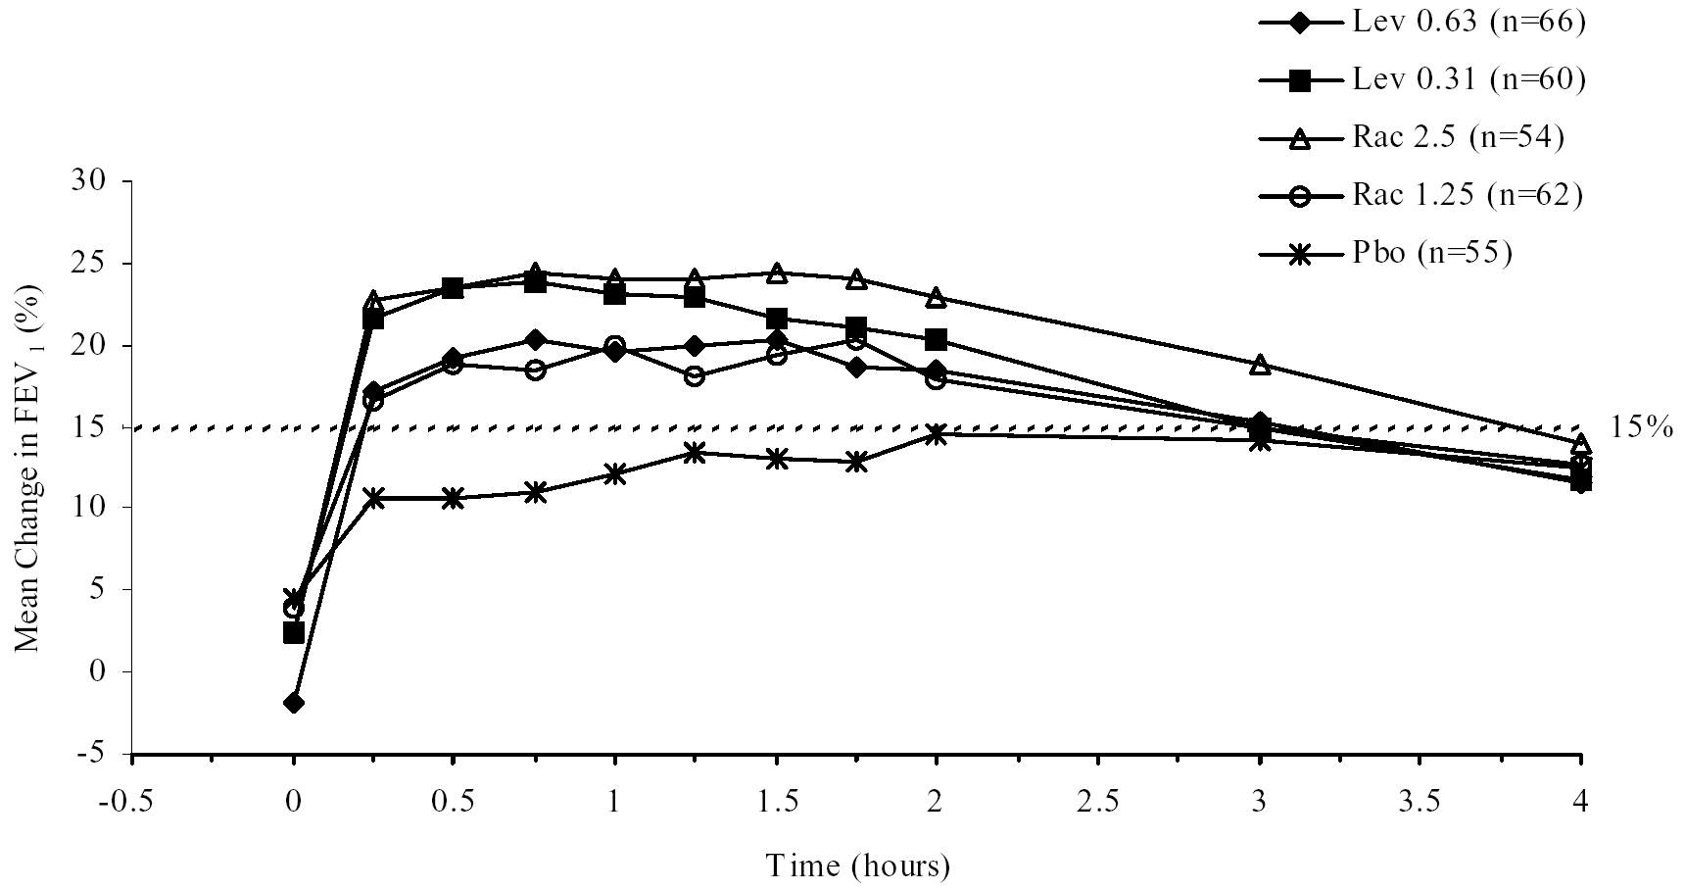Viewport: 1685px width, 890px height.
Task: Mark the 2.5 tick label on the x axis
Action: tap(1098, 803)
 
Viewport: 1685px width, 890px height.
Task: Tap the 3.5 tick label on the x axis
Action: tap(1420, 803)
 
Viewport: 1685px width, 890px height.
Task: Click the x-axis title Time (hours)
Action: tap(857, 865)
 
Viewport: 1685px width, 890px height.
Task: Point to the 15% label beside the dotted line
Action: tap(1640, 428)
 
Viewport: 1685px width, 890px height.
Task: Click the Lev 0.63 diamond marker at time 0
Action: tap(293, 703)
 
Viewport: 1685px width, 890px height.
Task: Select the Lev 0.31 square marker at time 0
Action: tap(293, 633)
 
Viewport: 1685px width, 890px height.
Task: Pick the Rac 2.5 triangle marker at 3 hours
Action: tap(1260, 365)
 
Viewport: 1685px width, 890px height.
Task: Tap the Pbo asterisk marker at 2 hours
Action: tap(937, 434)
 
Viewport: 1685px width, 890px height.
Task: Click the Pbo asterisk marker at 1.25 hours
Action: tap(695, 452)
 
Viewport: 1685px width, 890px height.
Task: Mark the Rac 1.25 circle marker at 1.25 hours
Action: tap(695, 376)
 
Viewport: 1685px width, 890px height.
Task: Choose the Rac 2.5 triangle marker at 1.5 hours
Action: tap(776, 272)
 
